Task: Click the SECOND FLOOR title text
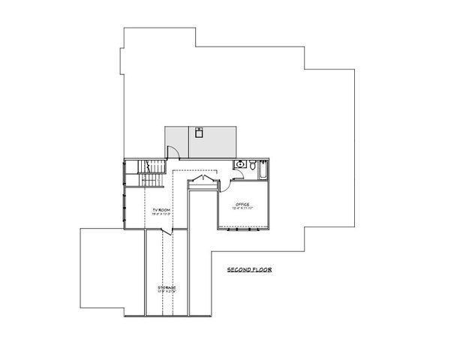pos(249,268)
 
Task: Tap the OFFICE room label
pos(242,203)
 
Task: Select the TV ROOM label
pos(161,210)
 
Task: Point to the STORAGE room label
pos(167,287)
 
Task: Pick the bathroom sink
pos(239,163)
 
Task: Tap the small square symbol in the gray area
pos(199,133)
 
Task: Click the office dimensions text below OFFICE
pos(242,208)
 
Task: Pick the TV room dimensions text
pos(161,214)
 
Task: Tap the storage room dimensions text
pos(167,292)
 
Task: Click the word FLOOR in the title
pos(260,268)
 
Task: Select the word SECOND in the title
pos(238,268)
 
